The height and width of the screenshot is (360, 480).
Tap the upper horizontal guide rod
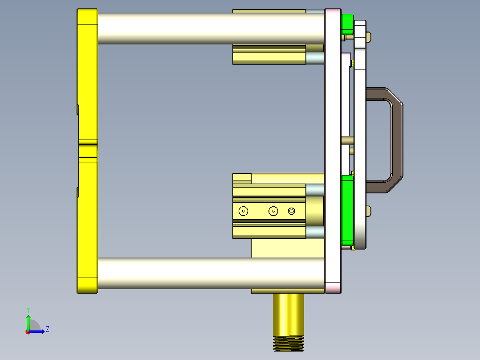(x=209, y=28)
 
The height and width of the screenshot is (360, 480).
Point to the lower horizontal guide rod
(x=209, y=273)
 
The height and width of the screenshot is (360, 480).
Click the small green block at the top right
(x=347, y=25)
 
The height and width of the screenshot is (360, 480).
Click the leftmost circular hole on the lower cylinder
(x=243, y=211)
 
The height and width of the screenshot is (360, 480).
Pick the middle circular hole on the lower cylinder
(x=273, y=211)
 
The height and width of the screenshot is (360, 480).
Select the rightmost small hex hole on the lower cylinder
(x=292, y=211)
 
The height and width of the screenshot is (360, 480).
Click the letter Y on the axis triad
(x=28, y=309)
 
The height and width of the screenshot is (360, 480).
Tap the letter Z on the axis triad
(x=47, y=329)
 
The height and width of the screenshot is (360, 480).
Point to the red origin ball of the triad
(x=28, y=331)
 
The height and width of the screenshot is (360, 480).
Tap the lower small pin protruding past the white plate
(x=370, y=211)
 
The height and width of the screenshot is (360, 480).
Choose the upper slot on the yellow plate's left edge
(x=78, y=109)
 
